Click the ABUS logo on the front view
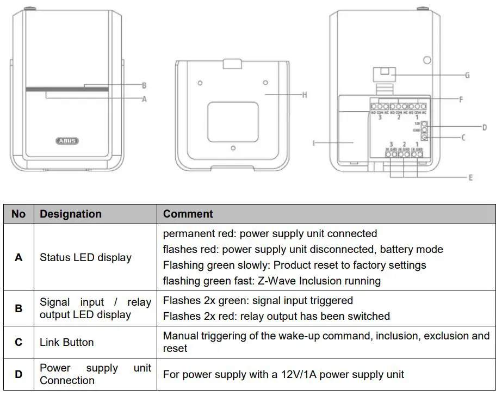coord(67,140)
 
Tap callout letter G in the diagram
coord(467,76)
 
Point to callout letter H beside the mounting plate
coord(305,95)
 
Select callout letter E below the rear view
coord(470,177)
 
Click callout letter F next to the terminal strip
coord(461,100)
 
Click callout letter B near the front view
coord(144,85)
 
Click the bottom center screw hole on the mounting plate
coord(233,147)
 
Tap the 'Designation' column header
coord(71,214)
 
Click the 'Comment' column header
coord(188,214)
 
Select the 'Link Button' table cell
coord(67,342)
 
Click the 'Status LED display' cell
coord(85,257)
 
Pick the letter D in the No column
coord(18,374)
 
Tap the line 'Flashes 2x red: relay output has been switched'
coord(276,316)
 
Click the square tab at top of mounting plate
coord(232,64)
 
